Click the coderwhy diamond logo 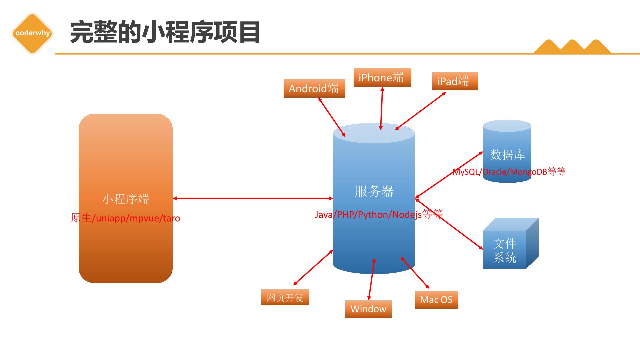[32, 33]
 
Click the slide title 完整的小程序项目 [165, 32]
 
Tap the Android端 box [314, 88]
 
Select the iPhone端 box [382, 77]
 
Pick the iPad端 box [455, 81]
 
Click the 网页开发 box [285, 297]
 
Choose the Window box [368, 309]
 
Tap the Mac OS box [436, 300]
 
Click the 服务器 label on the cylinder [374, 191]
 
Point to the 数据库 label [507, 155]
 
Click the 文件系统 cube [511, 243]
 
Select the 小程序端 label [126, 199]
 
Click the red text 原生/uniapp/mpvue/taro [125, 218]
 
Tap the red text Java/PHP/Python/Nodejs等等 [379, 214]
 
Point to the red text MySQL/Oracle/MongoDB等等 [509, 172]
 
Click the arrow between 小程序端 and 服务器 [253, 198]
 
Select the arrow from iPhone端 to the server [382, 108]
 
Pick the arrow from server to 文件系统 [449, 224]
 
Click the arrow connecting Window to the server [372, 279]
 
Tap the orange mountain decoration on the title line [572, 47]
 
